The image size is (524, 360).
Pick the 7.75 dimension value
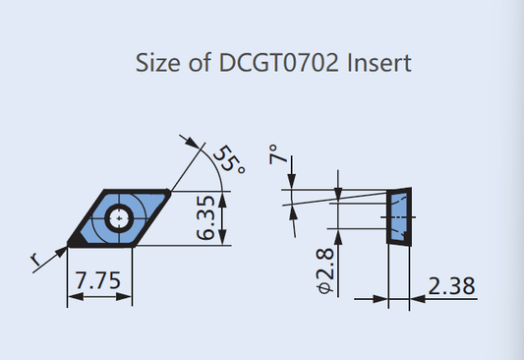(98, 282)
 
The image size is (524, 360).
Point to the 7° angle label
(277, 155)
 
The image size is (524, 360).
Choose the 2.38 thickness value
(452, 286)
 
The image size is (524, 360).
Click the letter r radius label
(37, 260)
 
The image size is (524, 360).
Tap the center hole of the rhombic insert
(120, 215)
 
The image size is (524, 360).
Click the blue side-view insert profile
(399, 217)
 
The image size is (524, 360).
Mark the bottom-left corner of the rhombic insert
(71, 241)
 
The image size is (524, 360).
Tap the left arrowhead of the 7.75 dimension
(71, 298)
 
